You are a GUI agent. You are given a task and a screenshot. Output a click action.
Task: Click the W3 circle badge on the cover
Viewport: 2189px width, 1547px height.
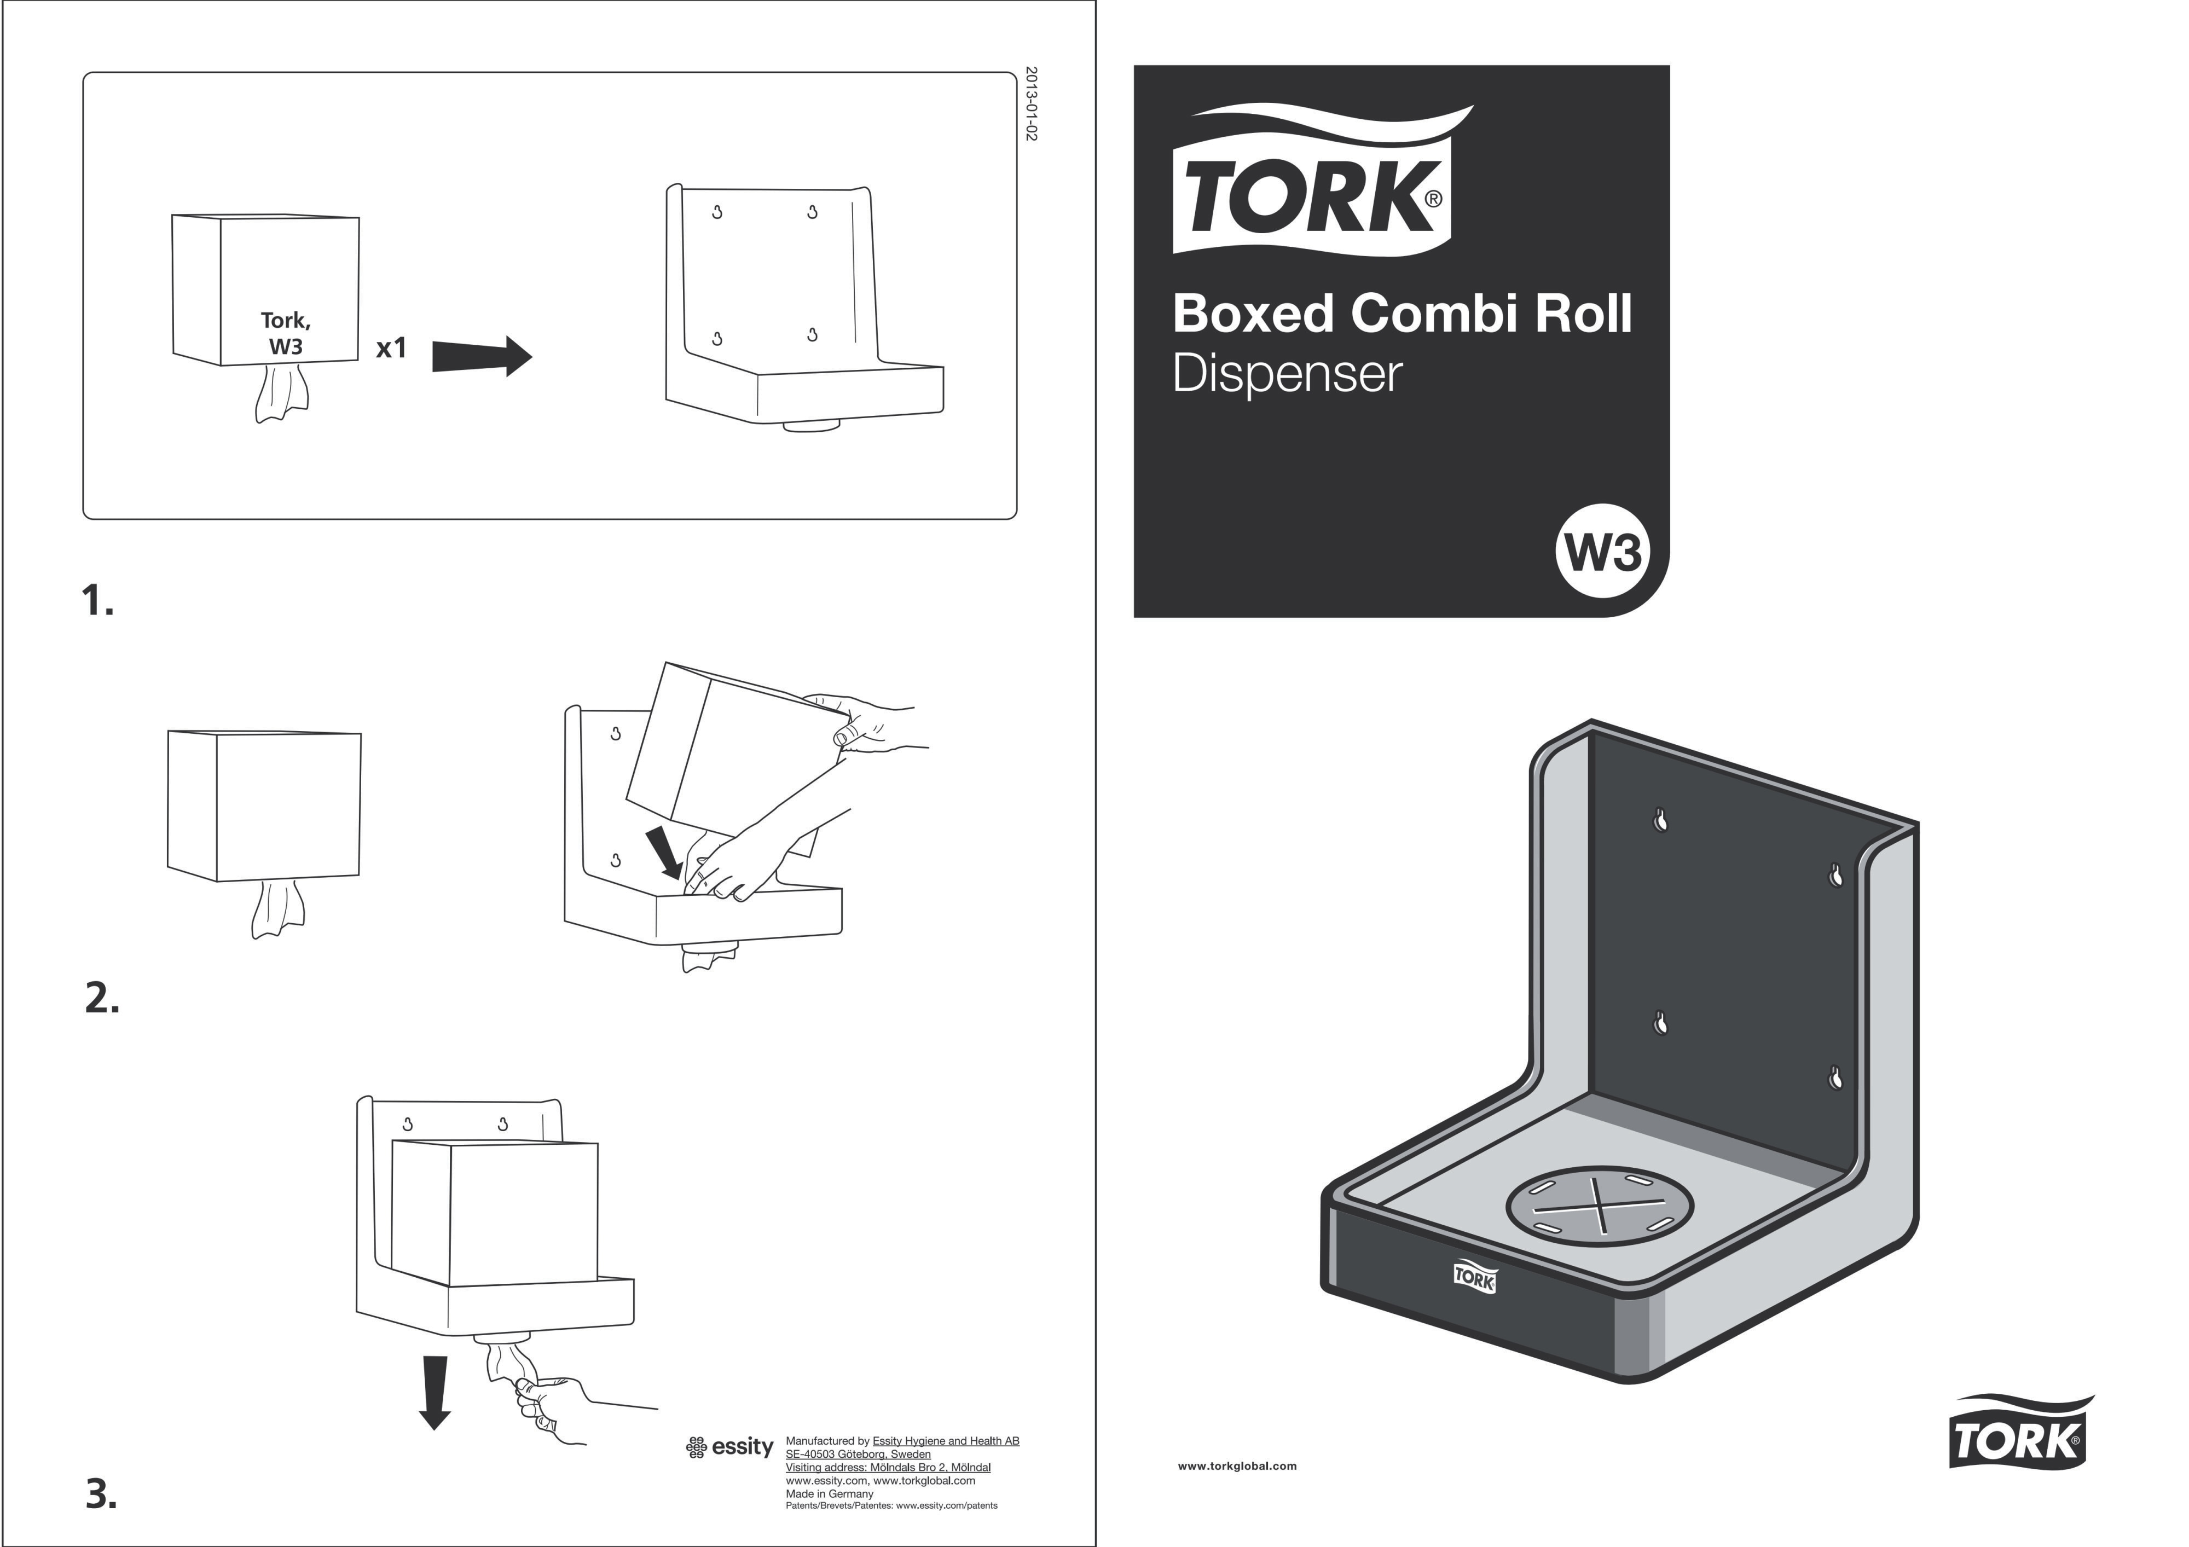pyautogui.click(x=1602, y=551)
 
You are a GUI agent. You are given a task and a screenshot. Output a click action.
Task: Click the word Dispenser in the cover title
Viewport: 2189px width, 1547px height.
pyautogui.click(x=1287, y=374)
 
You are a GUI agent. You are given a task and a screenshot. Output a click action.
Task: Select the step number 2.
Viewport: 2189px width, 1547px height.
pyautogui.click(x=102, y=998)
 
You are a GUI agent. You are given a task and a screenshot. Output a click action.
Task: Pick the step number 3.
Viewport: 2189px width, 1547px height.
pyautogui.click(x=101, y=1493)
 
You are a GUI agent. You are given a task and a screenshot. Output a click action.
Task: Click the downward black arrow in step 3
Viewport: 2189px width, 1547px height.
pyautogui.click(x=435, y=1393)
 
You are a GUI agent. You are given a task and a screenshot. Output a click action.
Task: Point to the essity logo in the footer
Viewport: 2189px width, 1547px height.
pyautogui.click(x=729, y=1447)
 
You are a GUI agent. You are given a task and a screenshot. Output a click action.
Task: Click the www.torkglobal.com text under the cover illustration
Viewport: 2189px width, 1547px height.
pyautogui.click(x=1237, y=1466)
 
